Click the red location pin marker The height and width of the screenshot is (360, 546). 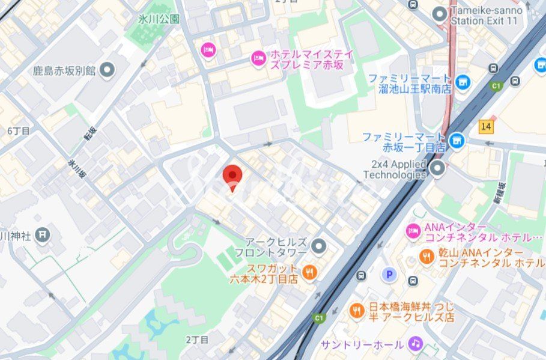pos(232,175)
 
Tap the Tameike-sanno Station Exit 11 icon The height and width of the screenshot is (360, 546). pos(440,13)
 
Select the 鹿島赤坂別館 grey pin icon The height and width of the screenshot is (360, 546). pos(108,70)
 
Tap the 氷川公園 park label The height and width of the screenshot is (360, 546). pos(159,19)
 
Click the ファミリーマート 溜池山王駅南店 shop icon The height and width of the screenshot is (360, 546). pos(463,82)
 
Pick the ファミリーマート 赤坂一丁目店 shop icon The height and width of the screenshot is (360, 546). pos(457,141)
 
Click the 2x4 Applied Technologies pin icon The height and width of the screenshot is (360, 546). pos(437,168)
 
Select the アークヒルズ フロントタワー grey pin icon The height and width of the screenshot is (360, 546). pos(319,245)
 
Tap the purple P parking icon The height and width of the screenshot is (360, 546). pos(389,275)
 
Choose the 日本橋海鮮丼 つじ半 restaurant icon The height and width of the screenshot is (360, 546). pos(356,311)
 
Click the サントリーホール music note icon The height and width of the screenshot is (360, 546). pos(415,344)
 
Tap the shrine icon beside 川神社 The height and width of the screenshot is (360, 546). pos(42,235)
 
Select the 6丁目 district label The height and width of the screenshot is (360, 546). pos(19,130)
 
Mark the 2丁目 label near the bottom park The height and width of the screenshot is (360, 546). pos(197,340)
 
